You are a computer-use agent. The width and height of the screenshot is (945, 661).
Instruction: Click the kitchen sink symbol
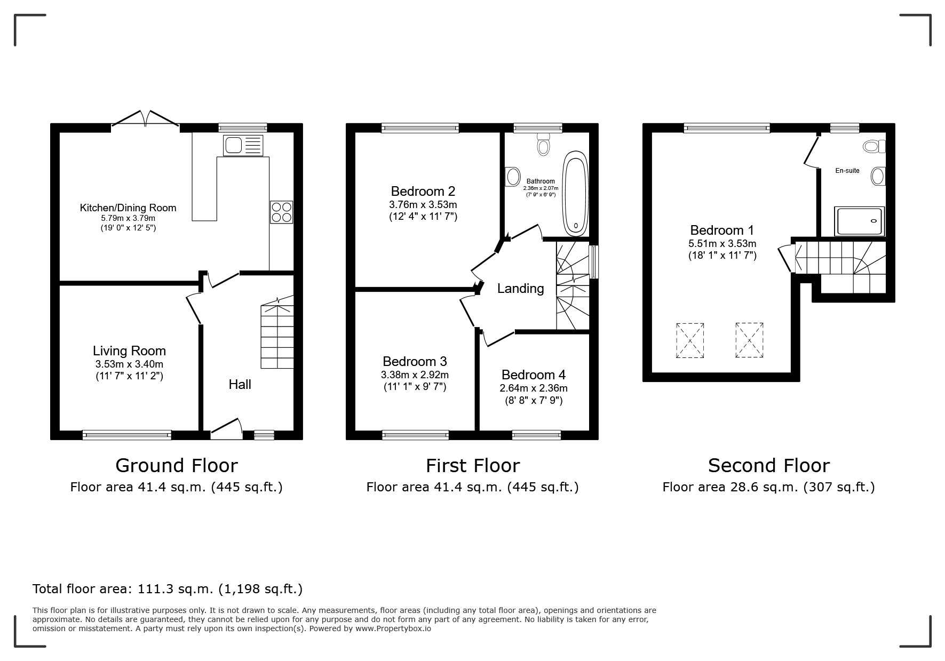click(243, 146)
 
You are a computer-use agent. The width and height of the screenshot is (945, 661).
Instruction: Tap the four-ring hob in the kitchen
click(281, 212)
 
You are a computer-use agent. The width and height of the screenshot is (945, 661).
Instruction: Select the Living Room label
click(129, 351)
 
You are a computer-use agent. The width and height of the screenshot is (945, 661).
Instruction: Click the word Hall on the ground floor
click(240, 384)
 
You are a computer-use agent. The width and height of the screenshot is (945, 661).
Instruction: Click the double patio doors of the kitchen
click(145, 120)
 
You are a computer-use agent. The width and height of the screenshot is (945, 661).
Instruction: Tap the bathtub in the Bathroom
click(575, 194)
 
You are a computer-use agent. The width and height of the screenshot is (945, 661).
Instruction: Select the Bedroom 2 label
click(423, 191)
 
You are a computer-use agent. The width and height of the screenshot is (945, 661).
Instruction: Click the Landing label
click(520, 289)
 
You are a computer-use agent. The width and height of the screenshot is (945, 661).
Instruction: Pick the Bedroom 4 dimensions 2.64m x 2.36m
click(534, 388)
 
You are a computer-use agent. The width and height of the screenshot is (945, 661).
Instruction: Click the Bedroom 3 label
click(415, 361)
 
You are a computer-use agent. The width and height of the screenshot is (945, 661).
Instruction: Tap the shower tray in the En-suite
click(860, 221)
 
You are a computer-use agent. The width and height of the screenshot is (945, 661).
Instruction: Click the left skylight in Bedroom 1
click(690, 340)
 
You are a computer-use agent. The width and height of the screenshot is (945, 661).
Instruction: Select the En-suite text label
click(847, 171)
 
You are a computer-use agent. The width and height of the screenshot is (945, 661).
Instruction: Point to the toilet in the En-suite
click(874, 146)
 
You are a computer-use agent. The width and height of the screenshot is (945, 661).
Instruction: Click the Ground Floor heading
click(177, 466)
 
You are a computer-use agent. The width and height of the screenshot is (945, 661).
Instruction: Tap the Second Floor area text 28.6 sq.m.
click(769, 487)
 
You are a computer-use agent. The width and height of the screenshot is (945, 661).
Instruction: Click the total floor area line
click(168, 589)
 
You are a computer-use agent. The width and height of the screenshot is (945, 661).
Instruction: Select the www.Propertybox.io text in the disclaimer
click(393, 628)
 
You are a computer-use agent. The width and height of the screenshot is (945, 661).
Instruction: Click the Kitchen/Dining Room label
click(128, 208)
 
